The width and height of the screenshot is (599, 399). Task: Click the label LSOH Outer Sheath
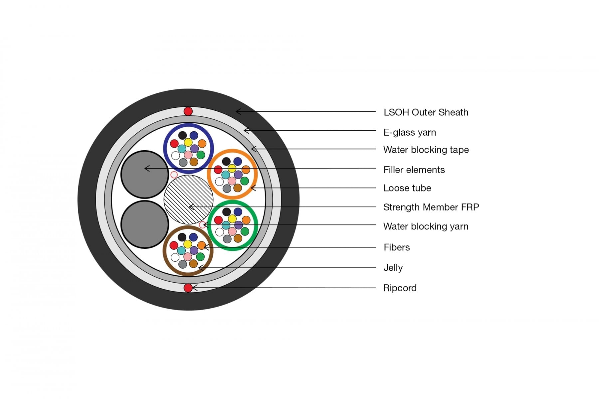(426, 112)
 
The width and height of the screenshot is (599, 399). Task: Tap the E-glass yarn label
(410, 132)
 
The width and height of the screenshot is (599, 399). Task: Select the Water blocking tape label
(426, 150)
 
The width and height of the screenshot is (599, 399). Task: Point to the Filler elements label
(414, 170)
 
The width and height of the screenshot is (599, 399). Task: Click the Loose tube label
(407, 188)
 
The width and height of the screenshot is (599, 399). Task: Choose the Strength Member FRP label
(431, 207)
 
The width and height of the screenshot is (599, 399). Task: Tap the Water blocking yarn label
(426, 226)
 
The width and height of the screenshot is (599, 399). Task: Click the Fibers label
(397, 247)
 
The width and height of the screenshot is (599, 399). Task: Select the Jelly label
(393, 268)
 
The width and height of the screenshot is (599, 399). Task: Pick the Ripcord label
(400, 288)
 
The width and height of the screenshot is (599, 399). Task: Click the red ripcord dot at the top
(188, 111)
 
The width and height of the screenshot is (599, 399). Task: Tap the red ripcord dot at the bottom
(188, 288)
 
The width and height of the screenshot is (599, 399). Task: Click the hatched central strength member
(188, 199)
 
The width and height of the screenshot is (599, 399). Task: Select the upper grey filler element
(145, 175)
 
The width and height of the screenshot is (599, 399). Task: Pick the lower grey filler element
(145, 224)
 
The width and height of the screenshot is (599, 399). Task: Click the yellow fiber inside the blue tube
(188, 142)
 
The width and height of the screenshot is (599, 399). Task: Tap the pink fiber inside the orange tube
(232, 181)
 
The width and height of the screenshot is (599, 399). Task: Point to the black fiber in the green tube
(227, 212)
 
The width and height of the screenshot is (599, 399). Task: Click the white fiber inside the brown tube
(175, 257)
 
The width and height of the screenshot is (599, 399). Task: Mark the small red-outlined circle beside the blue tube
(174, 175)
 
